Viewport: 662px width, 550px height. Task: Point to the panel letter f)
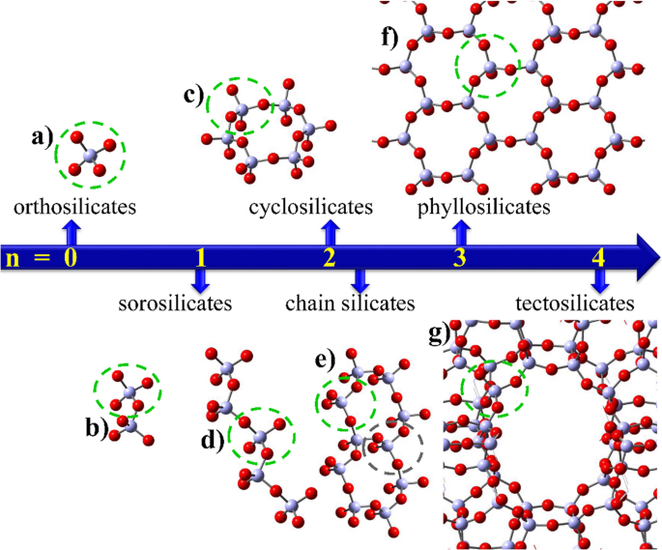[x=393, y=42]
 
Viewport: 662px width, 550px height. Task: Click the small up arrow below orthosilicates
[x=70, y=229]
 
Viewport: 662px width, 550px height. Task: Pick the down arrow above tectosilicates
[x=600, y=280]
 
